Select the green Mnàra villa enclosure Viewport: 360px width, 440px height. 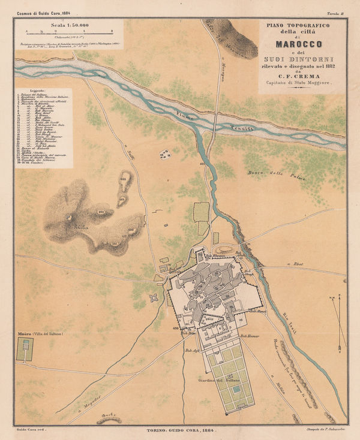(24, 349)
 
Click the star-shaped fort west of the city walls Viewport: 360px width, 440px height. (154, 297)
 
